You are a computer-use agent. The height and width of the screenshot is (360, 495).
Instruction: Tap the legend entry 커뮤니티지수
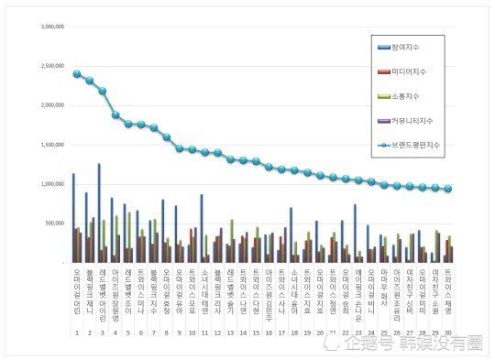[409, 120]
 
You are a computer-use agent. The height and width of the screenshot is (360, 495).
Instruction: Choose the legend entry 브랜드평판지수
[412, 145]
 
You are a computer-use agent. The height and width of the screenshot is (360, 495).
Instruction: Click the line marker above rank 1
[76, 74]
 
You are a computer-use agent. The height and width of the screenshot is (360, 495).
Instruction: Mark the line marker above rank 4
[115, 115]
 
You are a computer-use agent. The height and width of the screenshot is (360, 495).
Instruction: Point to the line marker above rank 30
[447, 189]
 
